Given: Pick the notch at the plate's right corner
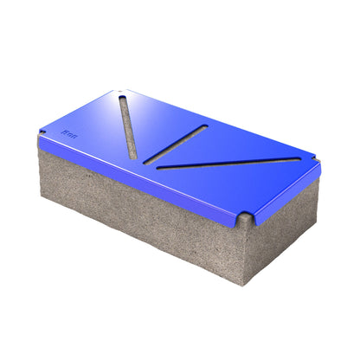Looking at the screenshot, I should (x=315, y=162).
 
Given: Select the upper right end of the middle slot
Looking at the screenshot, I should (x=204, y=128).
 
